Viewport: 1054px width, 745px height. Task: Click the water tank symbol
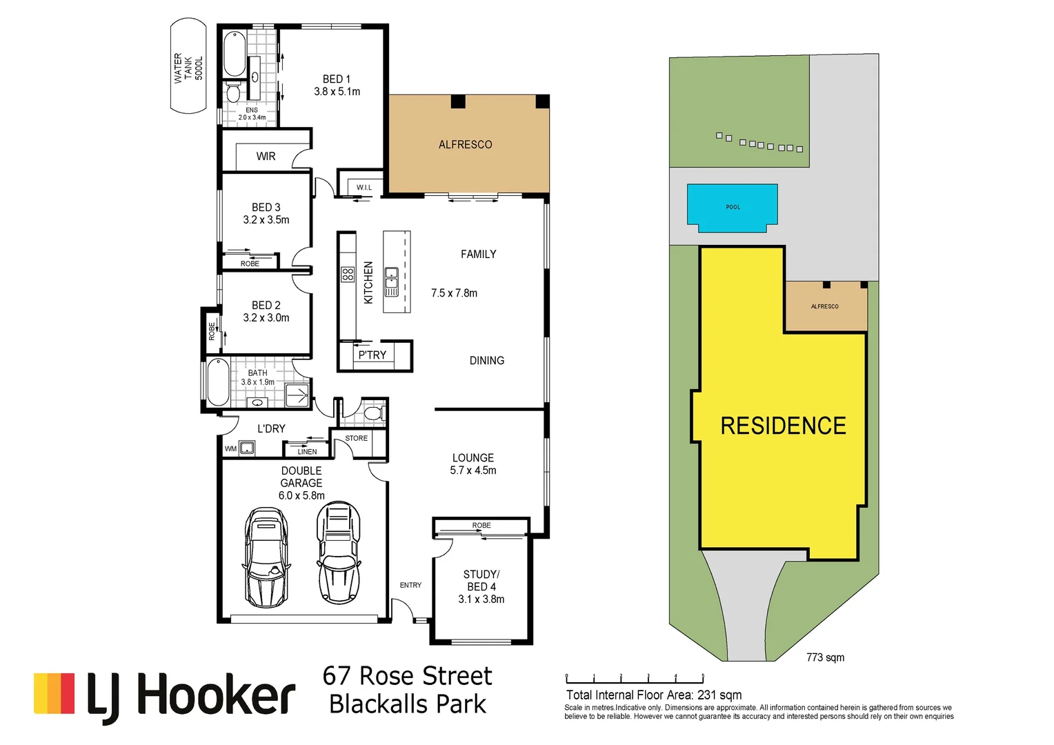point(188,66)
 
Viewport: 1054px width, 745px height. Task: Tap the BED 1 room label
point(337,79)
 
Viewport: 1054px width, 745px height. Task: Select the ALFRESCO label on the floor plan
point(466,145)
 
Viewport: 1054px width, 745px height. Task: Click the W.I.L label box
point(364,187)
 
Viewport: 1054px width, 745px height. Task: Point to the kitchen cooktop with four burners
point(348,275)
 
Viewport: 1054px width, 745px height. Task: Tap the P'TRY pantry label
point(372,355)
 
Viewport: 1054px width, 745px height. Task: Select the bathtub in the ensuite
point(235,54)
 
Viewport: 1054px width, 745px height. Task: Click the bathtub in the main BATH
point(219,382)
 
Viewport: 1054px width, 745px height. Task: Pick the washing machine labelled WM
point(246,448)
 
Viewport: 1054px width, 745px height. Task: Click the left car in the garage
point(266,557)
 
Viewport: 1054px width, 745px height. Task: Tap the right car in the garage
point(339,553)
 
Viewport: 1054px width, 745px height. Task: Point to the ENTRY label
point(410,585)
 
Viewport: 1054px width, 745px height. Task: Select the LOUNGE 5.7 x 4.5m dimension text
point(473,470)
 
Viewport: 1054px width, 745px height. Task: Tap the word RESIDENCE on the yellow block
point(783,426)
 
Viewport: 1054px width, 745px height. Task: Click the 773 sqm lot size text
point(825,657)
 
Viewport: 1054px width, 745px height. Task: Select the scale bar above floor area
point(635,680)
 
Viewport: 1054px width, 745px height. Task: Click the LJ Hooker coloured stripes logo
point(54,693)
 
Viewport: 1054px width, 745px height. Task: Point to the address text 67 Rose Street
point(407,676)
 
